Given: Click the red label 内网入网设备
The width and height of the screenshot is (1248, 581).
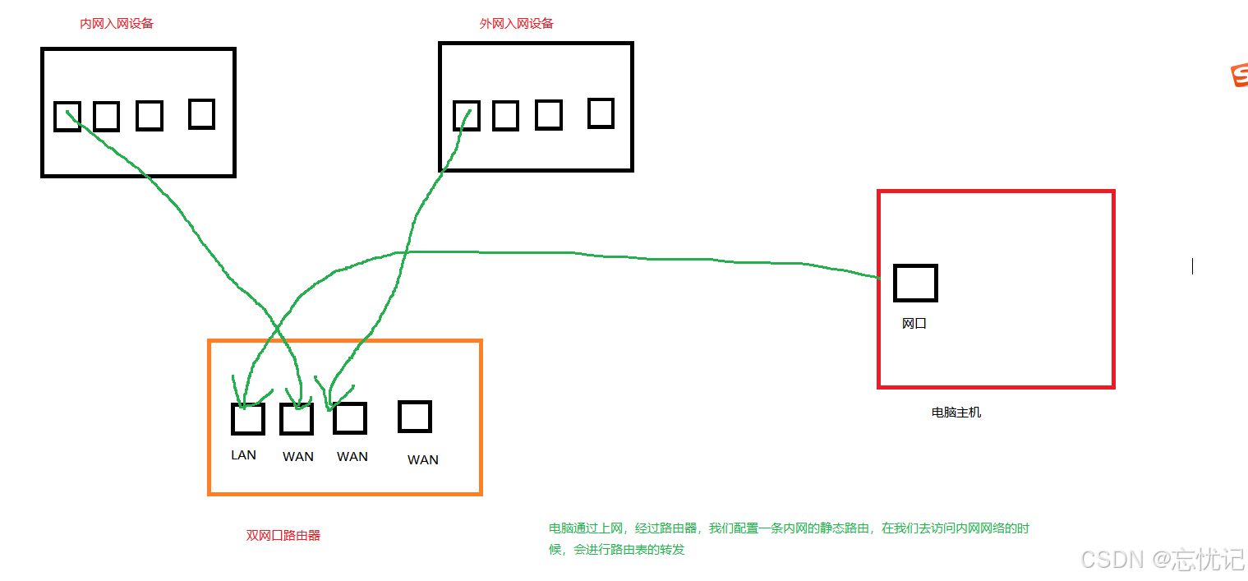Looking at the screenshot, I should point(117,24).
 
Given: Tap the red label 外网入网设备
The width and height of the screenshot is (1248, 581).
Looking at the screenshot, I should point(516,24).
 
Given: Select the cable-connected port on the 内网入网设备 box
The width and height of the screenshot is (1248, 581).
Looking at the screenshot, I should point(67,117).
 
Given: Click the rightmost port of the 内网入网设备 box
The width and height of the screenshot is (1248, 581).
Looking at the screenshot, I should point(201,113).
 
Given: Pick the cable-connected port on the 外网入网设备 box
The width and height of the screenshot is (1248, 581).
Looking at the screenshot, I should point(467,116).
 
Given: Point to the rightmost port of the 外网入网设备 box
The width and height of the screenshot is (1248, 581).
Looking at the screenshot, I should point(601,113).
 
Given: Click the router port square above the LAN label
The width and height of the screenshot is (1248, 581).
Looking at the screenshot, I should point(247,419).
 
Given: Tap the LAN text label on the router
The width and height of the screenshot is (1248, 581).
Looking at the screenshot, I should point(243,455).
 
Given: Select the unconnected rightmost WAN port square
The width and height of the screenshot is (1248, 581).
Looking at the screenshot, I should point(415,417).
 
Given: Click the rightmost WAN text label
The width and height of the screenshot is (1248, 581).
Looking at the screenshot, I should point(423,460).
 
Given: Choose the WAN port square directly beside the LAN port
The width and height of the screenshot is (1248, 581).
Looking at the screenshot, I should point(297,419).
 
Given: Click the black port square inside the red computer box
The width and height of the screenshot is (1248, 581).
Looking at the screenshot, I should point(915,283).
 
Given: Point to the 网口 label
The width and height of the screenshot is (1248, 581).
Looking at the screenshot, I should point(914,324).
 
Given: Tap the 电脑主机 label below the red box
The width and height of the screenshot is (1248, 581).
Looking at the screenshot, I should point(956,413).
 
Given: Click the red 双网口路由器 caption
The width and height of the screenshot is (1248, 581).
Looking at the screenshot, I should point(283,535).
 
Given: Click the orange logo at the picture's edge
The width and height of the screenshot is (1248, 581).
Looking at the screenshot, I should point(1240,76).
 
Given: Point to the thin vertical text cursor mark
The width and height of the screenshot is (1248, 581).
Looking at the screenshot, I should point(1192,265).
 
